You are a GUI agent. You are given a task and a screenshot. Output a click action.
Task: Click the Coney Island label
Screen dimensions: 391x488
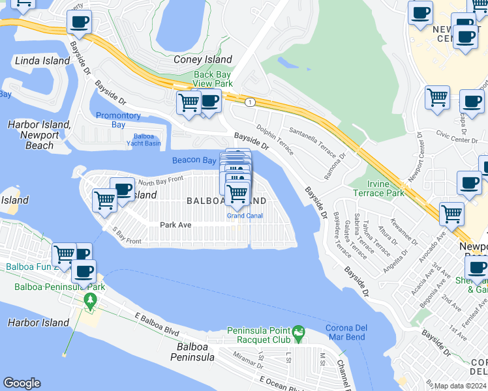pos(203,59)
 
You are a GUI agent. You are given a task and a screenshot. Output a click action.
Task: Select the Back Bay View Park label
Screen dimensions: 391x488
pos(213,79)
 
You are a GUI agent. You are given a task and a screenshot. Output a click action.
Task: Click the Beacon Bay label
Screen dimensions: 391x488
pos(194,160)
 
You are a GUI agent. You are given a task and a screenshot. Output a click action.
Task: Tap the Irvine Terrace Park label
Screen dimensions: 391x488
pos(378,188)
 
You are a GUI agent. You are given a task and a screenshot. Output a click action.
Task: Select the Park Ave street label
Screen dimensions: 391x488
pos(175,225)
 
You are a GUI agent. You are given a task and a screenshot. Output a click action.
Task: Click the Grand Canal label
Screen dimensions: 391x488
pos(244,216)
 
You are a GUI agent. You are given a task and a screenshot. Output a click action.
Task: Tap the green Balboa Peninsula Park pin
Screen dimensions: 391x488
pos(90,301)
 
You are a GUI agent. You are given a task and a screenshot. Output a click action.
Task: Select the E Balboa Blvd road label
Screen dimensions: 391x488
pos(157,325)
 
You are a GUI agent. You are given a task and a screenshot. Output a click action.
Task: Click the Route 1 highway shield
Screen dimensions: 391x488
pos(249,102)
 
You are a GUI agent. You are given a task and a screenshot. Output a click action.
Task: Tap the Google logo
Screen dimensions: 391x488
pos(22,383)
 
